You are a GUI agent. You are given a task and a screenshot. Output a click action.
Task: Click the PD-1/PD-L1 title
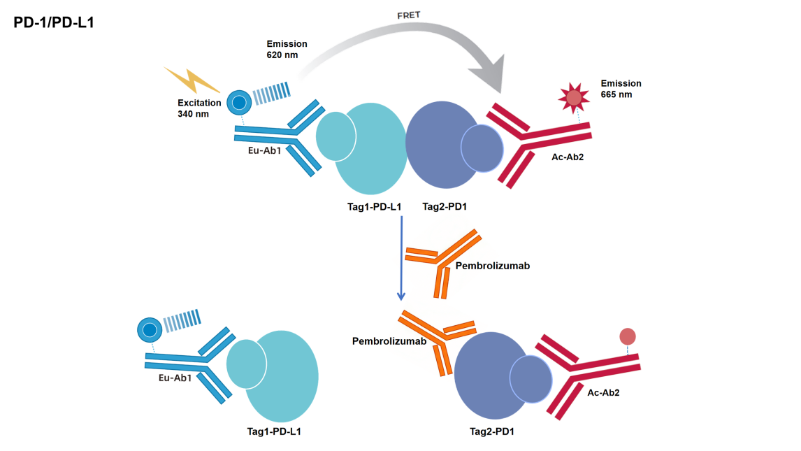point(54,22)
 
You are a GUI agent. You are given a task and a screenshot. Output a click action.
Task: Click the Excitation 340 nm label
point(199,108)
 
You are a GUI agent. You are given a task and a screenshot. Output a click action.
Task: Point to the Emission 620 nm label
point(287,49)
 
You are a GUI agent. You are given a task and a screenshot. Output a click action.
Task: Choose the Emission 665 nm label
point(621,89)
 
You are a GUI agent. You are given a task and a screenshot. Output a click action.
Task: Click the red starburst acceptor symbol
point(573,97)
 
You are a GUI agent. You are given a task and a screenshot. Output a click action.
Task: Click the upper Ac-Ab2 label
point(567,157)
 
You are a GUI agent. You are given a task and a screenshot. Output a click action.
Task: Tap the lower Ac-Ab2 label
point(603,393)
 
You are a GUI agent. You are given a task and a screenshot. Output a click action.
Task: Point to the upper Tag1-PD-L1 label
point(375,207)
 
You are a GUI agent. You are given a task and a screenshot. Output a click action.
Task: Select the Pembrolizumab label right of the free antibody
point(492,266)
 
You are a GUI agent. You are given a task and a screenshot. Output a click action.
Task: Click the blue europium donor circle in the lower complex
point(149,329)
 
